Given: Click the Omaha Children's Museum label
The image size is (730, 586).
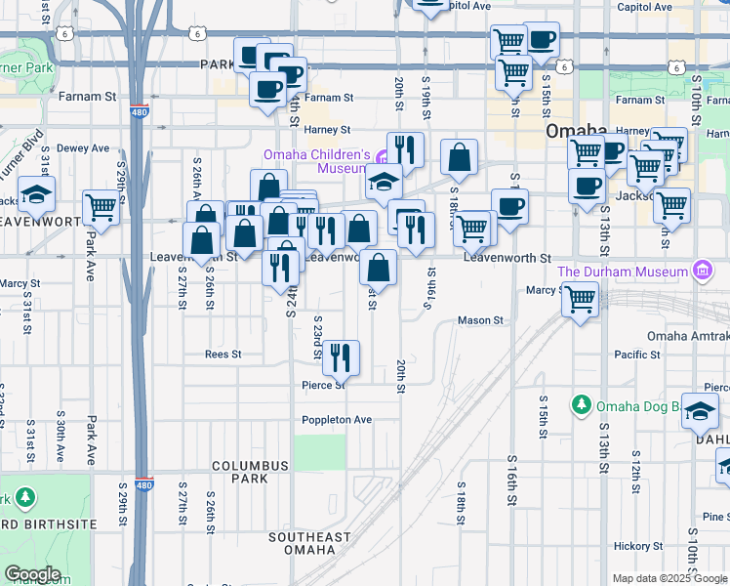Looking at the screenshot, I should (317, 161).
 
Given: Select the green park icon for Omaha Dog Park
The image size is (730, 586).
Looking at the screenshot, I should (582, 403).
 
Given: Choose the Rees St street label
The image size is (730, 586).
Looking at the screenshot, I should (223, 355).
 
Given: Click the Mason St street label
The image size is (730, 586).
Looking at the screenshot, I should (480, 320).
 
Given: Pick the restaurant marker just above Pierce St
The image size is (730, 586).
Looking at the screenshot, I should (341, 358).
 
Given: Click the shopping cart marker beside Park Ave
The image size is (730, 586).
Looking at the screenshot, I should (101, 207).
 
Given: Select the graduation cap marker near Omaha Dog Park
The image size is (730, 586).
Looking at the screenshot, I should (700, 410).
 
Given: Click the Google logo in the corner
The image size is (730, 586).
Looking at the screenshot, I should (31, 574).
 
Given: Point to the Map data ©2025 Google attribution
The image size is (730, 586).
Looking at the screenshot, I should (669, 578).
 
